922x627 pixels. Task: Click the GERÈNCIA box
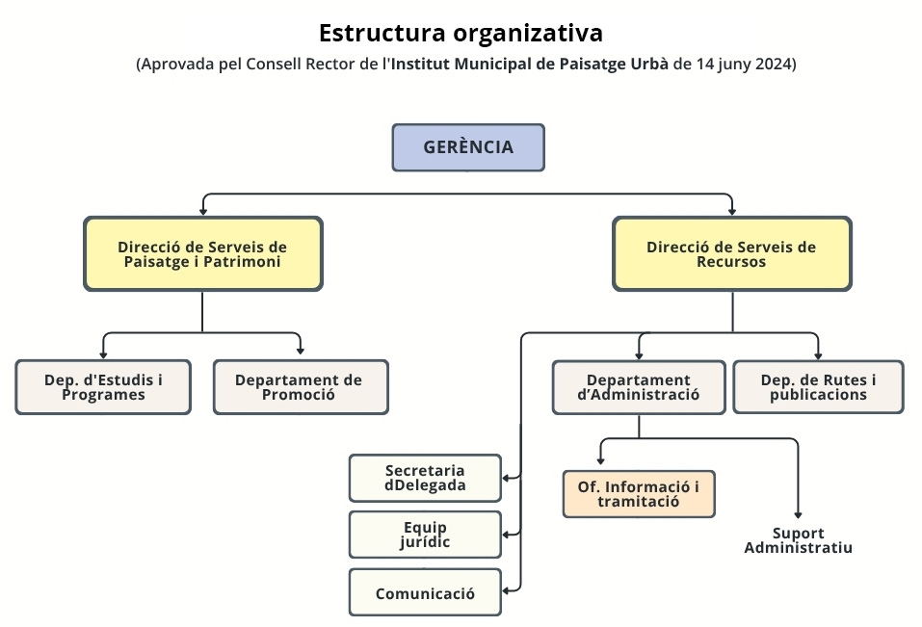click(x=468, y=147)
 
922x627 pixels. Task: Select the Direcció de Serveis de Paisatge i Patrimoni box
click(x=202, y=253)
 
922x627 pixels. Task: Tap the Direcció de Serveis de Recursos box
click(x=731, y=253)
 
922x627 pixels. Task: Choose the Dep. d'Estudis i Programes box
click(x=103, y=387)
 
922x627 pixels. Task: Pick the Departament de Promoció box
click(x=300, y=387)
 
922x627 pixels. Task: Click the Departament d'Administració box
click(x=638, y=387)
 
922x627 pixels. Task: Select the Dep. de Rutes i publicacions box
click(x=818, y=387)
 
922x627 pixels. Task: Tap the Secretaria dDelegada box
click(x=425, y=478)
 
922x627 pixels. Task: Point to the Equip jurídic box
click(x=425, y=535)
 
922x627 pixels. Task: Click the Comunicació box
click(x=425, y=593)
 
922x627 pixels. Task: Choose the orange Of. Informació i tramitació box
click(x=639, y=494)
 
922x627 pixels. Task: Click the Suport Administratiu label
click(x=798, y=540)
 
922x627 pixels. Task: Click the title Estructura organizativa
click(x=461, y=33)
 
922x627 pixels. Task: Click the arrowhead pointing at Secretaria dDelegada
click(x=507, y=477)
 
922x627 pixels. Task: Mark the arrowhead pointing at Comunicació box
click(x=507, y=590)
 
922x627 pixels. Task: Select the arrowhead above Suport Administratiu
click(x=798, y=514)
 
